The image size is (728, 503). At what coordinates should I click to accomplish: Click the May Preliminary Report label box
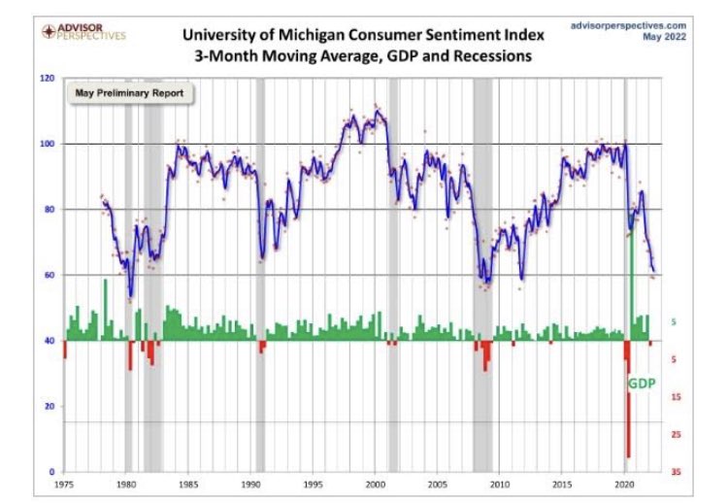point(130,94)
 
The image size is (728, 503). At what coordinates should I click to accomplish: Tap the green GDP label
point(642,383)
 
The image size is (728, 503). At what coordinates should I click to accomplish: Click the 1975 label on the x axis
point(64,483)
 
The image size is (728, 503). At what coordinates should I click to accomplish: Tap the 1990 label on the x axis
point(250,483)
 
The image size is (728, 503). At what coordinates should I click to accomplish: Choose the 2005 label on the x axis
point(438,483)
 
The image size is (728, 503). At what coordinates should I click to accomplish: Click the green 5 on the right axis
point(674,322)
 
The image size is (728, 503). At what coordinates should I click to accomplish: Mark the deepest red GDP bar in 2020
point(628,408)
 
